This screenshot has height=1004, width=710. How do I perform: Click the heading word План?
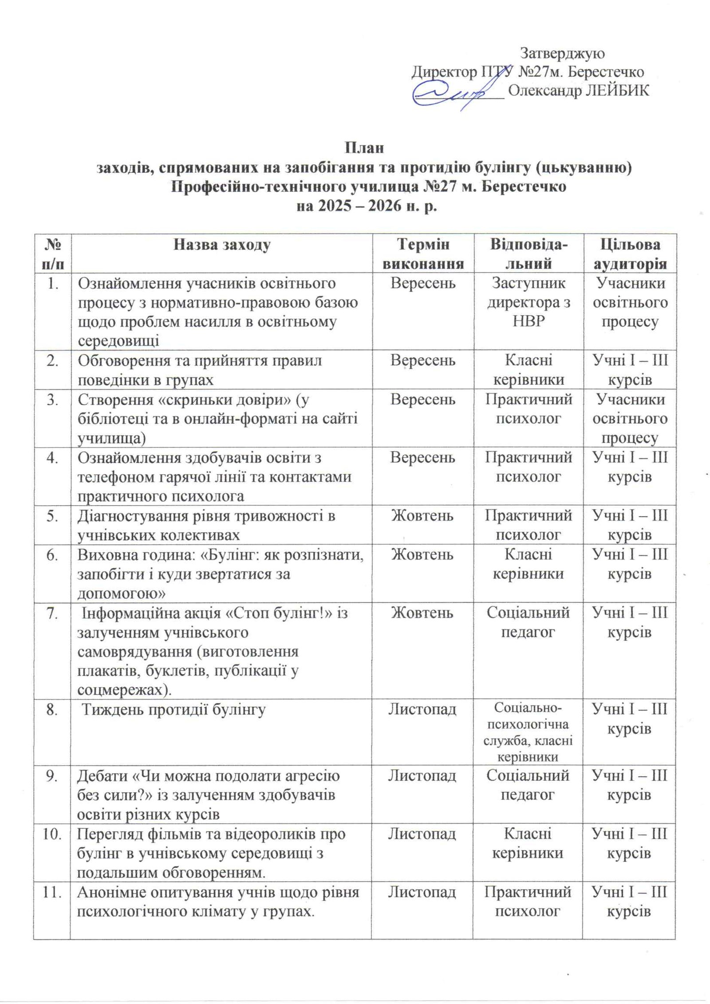click(364, 147)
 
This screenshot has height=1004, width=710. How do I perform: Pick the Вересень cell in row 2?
click(422, 360)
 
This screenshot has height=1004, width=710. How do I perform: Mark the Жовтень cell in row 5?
click(422, 516)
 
